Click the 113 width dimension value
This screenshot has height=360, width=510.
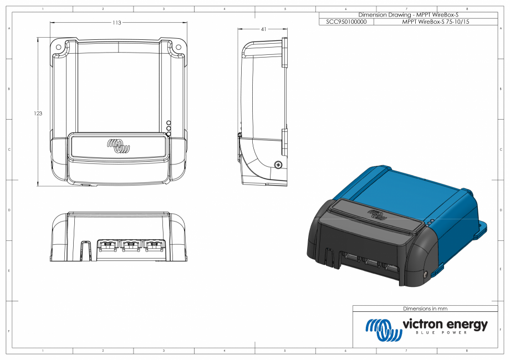pos(117,23)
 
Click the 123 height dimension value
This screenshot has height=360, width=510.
pos(38,113)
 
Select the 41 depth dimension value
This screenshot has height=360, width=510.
pos(263,29)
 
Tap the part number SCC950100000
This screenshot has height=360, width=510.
pos(346,22)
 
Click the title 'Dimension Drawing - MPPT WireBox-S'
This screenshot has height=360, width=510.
pos(408,15)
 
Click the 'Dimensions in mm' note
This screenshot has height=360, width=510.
pos(425,308)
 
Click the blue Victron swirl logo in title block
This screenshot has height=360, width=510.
pos(383,329)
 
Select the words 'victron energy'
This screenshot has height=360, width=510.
pos(445,324)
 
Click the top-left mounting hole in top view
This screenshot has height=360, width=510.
pos(58,48)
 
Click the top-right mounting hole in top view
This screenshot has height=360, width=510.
pos(178,48)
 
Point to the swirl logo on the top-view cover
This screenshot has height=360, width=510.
pos(118,146)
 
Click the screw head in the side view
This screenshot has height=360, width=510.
pos(279,163)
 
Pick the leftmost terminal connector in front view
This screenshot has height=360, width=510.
pos(107,245)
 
